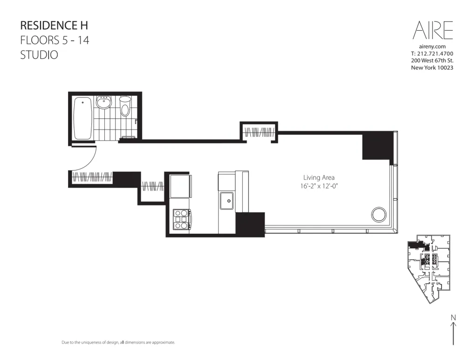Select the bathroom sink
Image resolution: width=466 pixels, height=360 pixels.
[x=103, y=102]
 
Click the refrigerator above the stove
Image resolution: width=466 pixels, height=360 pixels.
[x=180, y=186]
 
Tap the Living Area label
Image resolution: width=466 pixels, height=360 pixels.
[x=319, y=177]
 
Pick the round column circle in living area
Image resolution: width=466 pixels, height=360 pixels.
[x=378, y=215]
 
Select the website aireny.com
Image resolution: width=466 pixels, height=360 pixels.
[x=432, y=47]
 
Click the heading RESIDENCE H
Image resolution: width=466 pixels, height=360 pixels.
[x=54, y=25]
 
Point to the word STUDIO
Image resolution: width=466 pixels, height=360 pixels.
[x=39, y=54]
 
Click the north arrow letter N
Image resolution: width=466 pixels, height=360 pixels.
[x=453, y=318]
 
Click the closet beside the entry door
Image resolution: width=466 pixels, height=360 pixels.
[x=92, y=177]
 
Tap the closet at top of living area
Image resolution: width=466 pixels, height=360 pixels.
[x=259, y=132]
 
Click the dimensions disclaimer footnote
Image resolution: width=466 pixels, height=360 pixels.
[x=118, y=342]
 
